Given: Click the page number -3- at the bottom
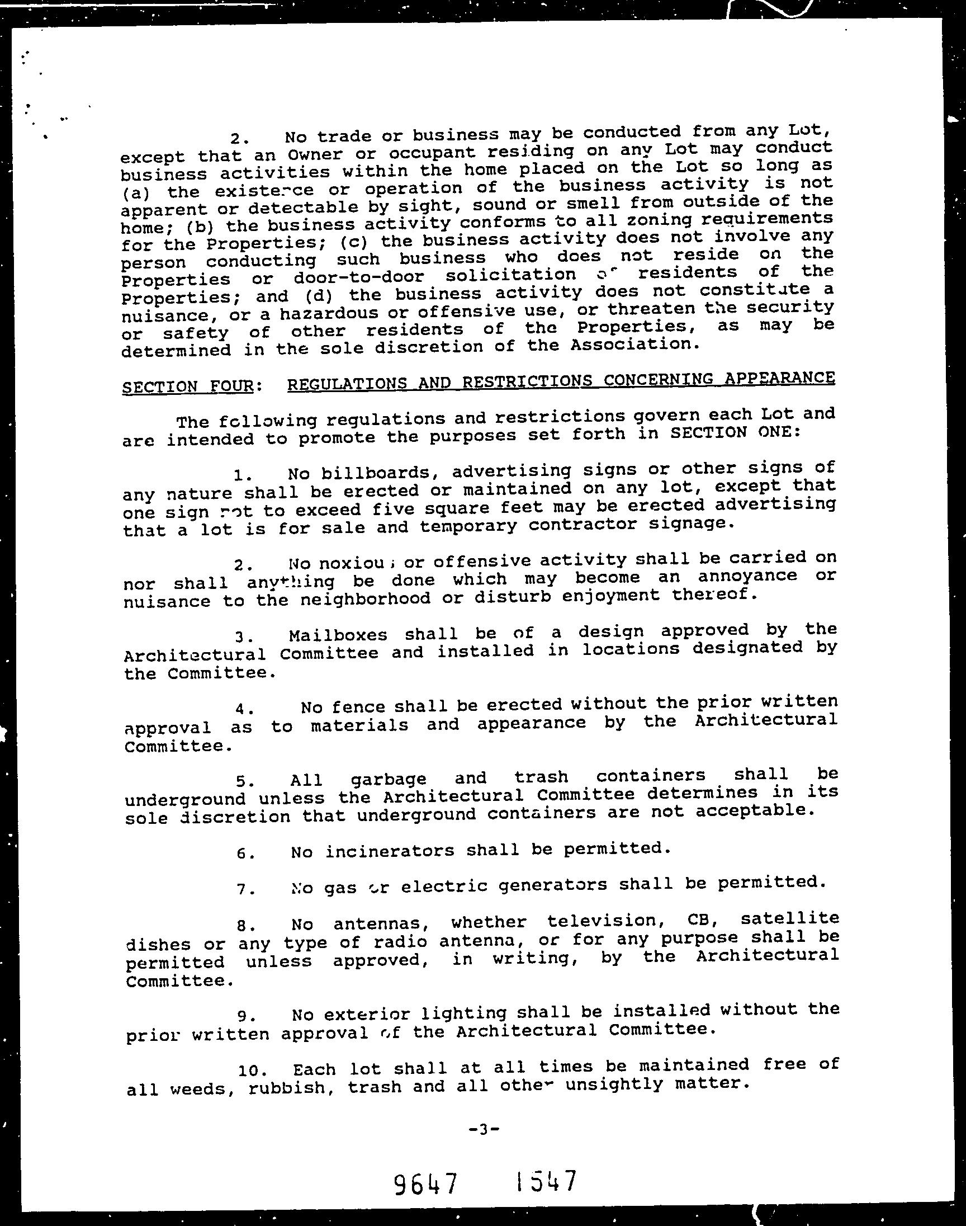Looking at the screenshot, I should pos(484,1129).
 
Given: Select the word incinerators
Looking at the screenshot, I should pos(389,851).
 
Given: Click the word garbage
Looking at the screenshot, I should pos(389,779).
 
